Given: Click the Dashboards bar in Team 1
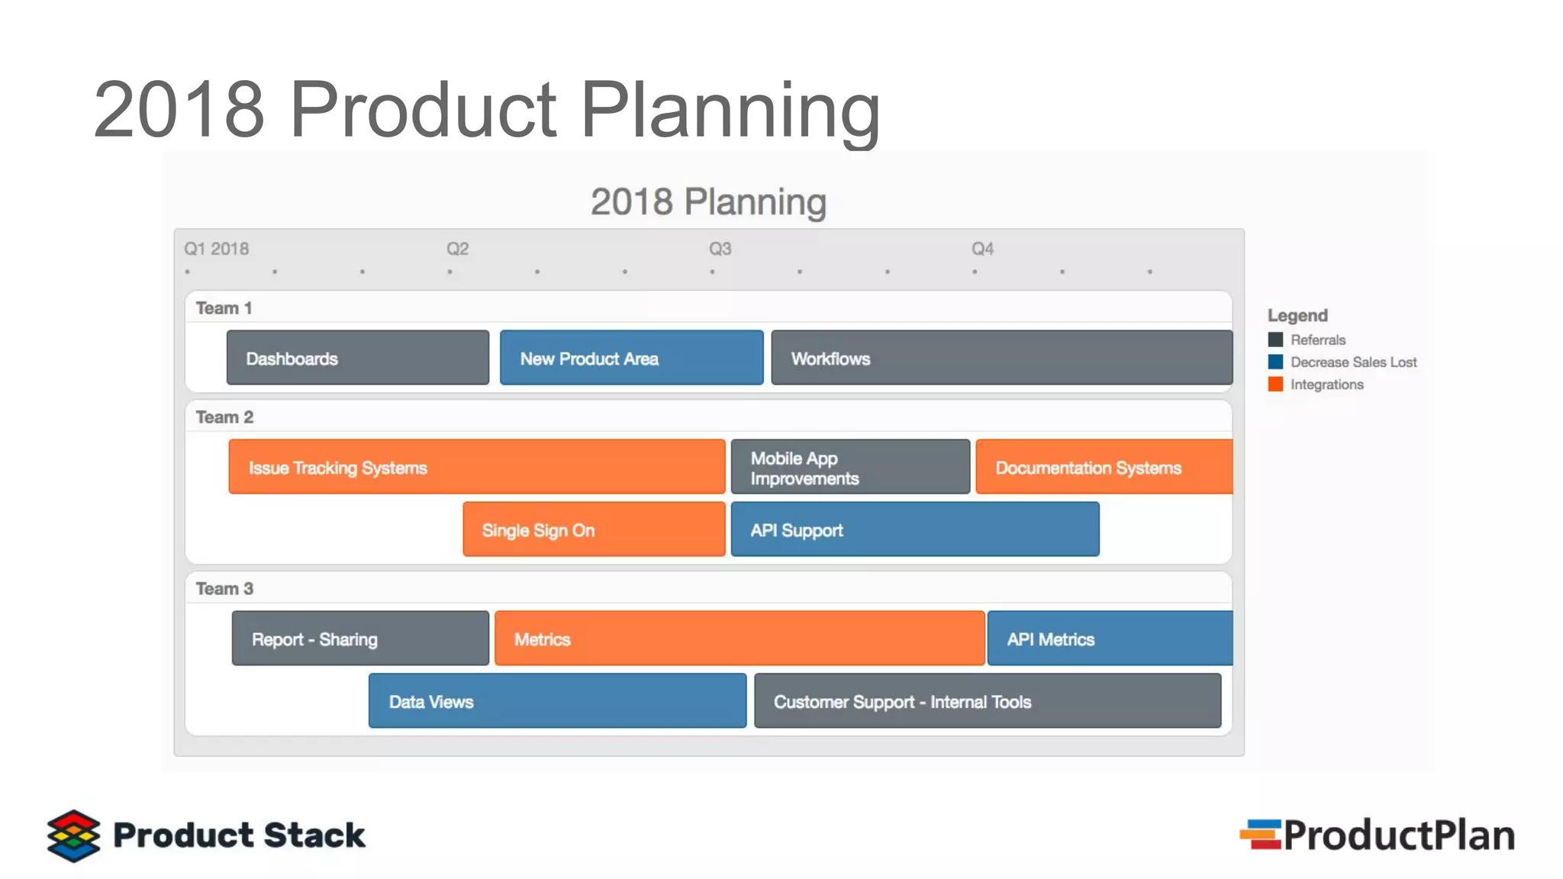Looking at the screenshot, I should coord(357,358).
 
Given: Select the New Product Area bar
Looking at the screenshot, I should coord(631,358).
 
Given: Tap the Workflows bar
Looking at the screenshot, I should coord(1001,358).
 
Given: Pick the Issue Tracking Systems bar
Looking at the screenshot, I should coord(476,467).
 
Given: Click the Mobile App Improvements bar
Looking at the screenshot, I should coord(850,467).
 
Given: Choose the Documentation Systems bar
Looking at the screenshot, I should coord(1104,467).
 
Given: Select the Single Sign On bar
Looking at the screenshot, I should coord(594,530).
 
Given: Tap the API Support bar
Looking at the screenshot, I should coord(914,530).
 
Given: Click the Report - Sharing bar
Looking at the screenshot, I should coord(360,639).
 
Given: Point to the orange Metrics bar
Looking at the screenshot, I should coord(739,639).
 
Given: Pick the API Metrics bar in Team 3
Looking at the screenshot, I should coord(1110,639).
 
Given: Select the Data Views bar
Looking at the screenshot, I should coord(557,701).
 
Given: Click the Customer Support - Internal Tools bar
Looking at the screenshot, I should coord(988,701).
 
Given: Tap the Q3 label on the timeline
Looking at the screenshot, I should coord(720,249).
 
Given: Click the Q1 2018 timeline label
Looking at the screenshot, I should coord(216,249).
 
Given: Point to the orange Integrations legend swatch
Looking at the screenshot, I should coord(1275,384).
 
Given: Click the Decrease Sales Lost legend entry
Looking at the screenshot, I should coord(1352,362).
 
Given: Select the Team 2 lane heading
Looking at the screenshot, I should coord(224,417).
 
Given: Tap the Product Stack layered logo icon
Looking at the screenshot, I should coord(73,836).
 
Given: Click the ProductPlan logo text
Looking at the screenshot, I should coord(1398,836).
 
